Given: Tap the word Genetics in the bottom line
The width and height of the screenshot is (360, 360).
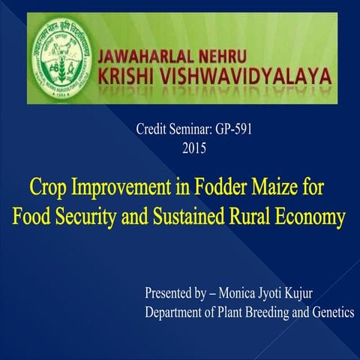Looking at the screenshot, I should coord(331,311).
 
